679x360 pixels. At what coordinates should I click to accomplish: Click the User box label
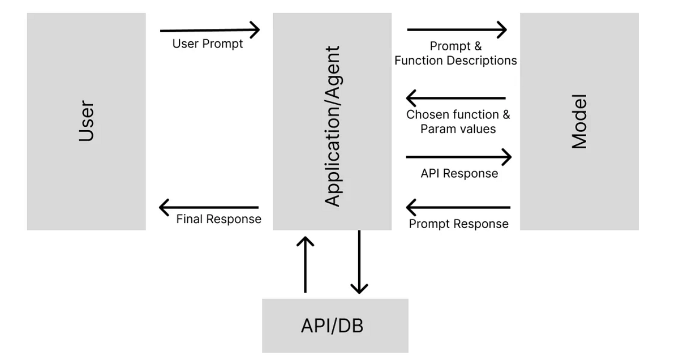pyautogui.click(x=85, y=121)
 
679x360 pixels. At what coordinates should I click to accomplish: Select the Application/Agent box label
pyautogui.click(x=333, y=126)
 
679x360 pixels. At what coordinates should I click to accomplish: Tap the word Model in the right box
pyautogui.click(x=579, y=121)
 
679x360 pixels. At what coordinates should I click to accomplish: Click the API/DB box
pyautogui.click(x=334, y=326)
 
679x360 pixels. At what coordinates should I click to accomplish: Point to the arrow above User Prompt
pyautogui.click(x=209, y=30)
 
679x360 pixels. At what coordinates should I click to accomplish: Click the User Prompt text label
pyautogui.click(x=208, y=44)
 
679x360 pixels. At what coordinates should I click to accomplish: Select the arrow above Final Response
pyautogui.click(x=209, y=208)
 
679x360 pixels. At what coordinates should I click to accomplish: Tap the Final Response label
pyautogui.click(x=218, y=219)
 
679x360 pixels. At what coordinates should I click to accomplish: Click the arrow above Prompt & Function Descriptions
pyautogui.click(x=456, y=29)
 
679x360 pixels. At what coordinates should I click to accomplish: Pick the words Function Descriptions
pyautogui.click(x=455, y=60)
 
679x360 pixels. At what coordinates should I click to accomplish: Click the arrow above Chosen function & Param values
pyautogui.click(x=456, y=98)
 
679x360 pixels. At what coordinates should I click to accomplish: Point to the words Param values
pyautogui.click(x=458, y=129)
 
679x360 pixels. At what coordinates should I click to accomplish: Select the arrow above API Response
pyautogui.click(x=458, y=157)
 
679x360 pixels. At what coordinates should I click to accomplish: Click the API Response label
pyautogui.click(x=459, y=173)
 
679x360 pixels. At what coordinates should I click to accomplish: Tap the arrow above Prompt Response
pyautogui.click(x=458, y=208)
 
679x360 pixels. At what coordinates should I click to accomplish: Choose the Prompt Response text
pyautogui.click(x=458, y=224)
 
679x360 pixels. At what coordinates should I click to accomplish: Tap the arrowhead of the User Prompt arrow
pyautogui.click(x=255, y=30)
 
